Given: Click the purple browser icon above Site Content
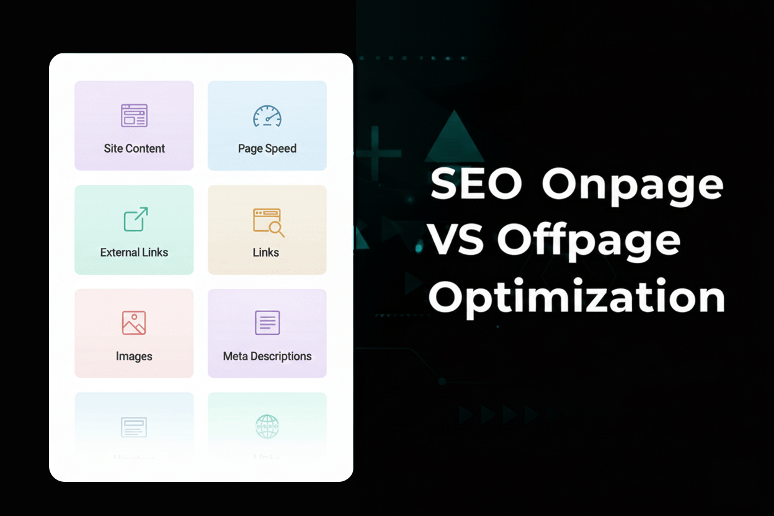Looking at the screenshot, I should click(x=134, y=115).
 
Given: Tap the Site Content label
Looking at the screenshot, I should click(x=134, y=149).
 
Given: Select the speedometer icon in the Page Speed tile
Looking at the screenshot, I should click(x=267, y=116).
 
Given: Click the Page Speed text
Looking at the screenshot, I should click(x=267, y=149).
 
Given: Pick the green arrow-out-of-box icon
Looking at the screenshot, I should click(x=135, y=220).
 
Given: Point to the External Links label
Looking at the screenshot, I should click(x=134, y=252).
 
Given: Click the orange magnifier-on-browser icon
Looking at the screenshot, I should click(x=268, y=222).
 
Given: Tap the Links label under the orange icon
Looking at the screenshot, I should click(x=266, y=252).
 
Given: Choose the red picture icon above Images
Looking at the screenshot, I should click(x=134, y=322).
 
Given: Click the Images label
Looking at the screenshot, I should click(x=134, y=357).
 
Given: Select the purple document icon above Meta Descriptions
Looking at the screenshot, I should click(x=267, y=322).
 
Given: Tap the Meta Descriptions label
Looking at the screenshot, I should click(x=267, y=357).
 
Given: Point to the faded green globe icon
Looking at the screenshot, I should click(x=267, y=426).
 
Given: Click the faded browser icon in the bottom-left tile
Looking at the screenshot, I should click(x=134, y=427).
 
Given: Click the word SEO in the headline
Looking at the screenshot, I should click(x=476, y=184).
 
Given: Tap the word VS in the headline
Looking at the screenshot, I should click(x=457, y=240).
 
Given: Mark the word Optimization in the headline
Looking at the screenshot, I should click(x=576, y=297).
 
